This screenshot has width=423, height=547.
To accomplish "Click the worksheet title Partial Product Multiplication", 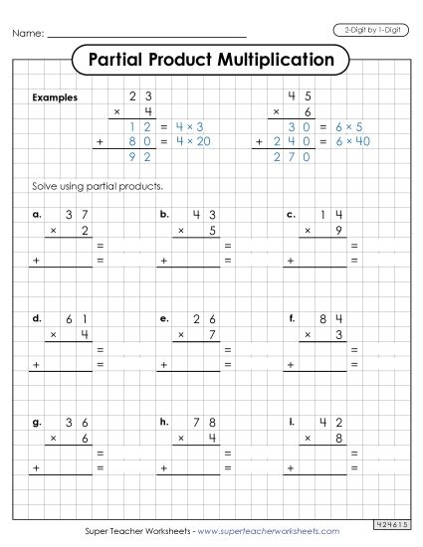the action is [211, 59].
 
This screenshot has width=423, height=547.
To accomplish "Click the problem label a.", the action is [37, 214].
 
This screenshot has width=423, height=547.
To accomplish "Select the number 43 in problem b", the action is [204, 214].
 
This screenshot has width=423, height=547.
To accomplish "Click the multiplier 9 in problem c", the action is [336, 230].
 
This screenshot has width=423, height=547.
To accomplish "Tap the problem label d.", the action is [37, 318].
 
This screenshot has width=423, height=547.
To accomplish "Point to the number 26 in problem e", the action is [204, 318].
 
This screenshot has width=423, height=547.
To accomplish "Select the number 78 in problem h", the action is [204, 423].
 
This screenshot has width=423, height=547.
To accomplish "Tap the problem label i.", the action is [290, 423].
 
